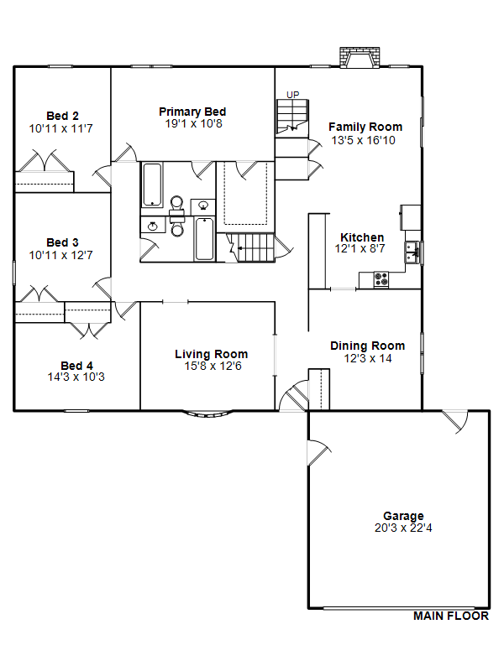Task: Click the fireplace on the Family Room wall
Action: pos(360,57)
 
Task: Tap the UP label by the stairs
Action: pos(292,95)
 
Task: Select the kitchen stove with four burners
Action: pos(381,279)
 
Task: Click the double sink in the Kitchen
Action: pos(412,252)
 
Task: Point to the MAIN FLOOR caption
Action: pos(451,616)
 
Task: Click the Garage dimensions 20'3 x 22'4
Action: pos(403,528)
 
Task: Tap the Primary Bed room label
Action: pos(192,112)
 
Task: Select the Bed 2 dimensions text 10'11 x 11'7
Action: pos(60,128)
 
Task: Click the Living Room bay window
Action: pos(208,414)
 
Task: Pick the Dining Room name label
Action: pos(368,346)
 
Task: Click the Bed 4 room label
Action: pos(76,366)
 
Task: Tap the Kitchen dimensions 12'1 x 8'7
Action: pos(360,248)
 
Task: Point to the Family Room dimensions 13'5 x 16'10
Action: pos(364,140)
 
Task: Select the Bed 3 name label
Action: pos(62,242)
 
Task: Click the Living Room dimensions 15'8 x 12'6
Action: pos(213,366)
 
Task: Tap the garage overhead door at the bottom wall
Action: pos(399,607)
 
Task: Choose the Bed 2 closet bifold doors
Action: pos(45,161)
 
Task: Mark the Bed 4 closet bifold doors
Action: pos(89,330)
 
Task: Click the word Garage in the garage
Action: pos(403,516)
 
